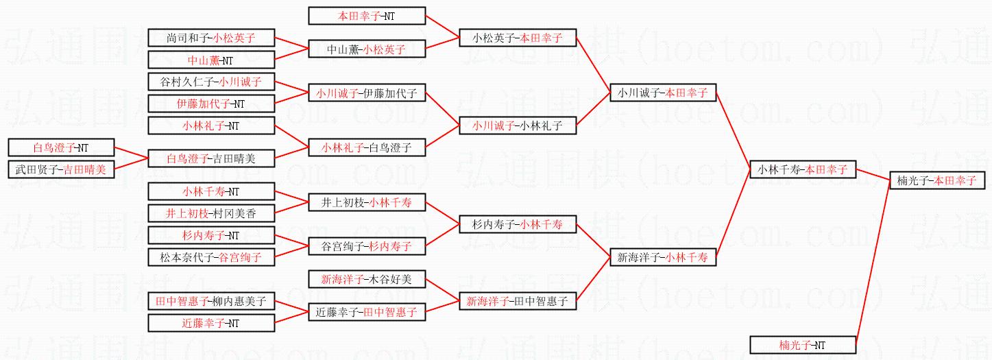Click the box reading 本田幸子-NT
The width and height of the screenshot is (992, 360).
pyautogui.click(x=367, y=15)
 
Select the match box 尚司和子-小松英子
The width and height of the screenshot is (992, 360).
pyautogui.click(x=211, y=38)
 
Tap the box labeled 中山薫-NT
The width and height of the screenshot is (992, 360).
pyautogui.click(x=211, y=60)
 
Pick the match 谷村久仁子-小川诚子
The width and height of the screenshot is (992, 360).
pyautogui.click(x=211, y=82)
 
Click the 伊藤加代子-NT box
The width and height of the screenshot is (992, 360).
pyautogui.click(x=211, y=104)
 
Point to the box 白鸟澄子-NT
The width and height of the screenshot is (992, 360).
pyautogui.click(x=61, y=147)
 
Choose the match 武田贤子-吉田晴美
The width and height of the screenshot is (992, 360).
pyautogui.click(x=61, y=169)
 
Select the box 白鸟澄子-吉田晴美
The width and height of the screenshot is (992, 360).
pyautogui.click(x=211, y=158)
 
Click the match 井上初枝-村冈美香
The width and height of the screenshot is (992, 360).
pyautogui.click(x=211, y=213)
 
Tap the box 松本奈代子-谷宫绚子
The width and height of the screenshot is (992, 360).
pyautogui.click(x=211, y=258)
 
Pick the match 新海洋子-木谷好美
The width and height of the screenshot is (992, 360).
pyautogui.click(x=367, y=279)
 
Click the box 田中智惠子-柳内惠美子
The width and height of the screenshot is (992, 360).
pyautogui.click(x=211, y=301)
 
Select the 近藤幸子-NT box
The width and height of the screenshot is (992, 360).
pyautogui.click(x=211, y=323)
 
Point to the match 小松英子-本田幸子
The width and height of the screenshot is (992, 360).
pyautogui.click(x=517, y=38)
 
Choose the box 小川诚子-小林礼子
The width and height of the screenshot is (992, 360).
pyautogui.click(x=517, y=125)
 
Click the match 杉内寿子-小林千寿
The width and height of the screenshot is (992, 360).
pyautogui.click(x=517, y=224)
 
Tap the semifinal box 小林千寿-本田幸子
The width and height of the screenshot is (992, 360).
pyautogui.click(x=803, y=169)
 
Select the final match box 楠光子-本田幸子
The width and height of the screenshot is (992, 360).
pyautogui.click(x=937, y=181)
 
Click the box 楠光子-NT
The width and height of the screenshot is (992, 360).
pyautogui.click(x=803, y=345)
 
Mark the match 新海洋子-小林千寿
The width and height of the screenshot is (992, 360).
pyautogui.click(x=663, y=257)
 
